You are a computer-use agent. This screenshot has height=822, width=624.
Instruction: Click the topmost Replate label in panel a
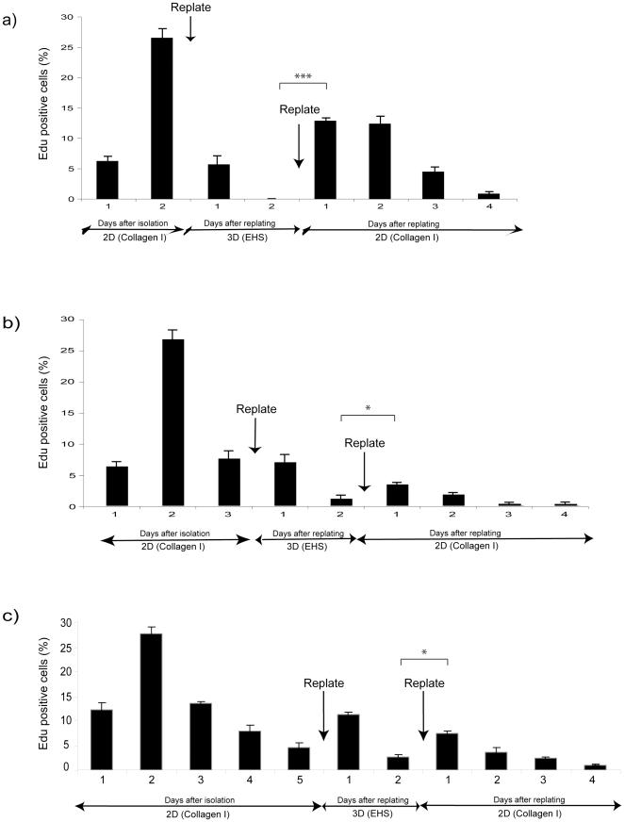[191, 8]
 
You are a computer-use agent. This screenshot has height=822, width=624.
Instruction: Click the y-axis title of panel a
[43, 107]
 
